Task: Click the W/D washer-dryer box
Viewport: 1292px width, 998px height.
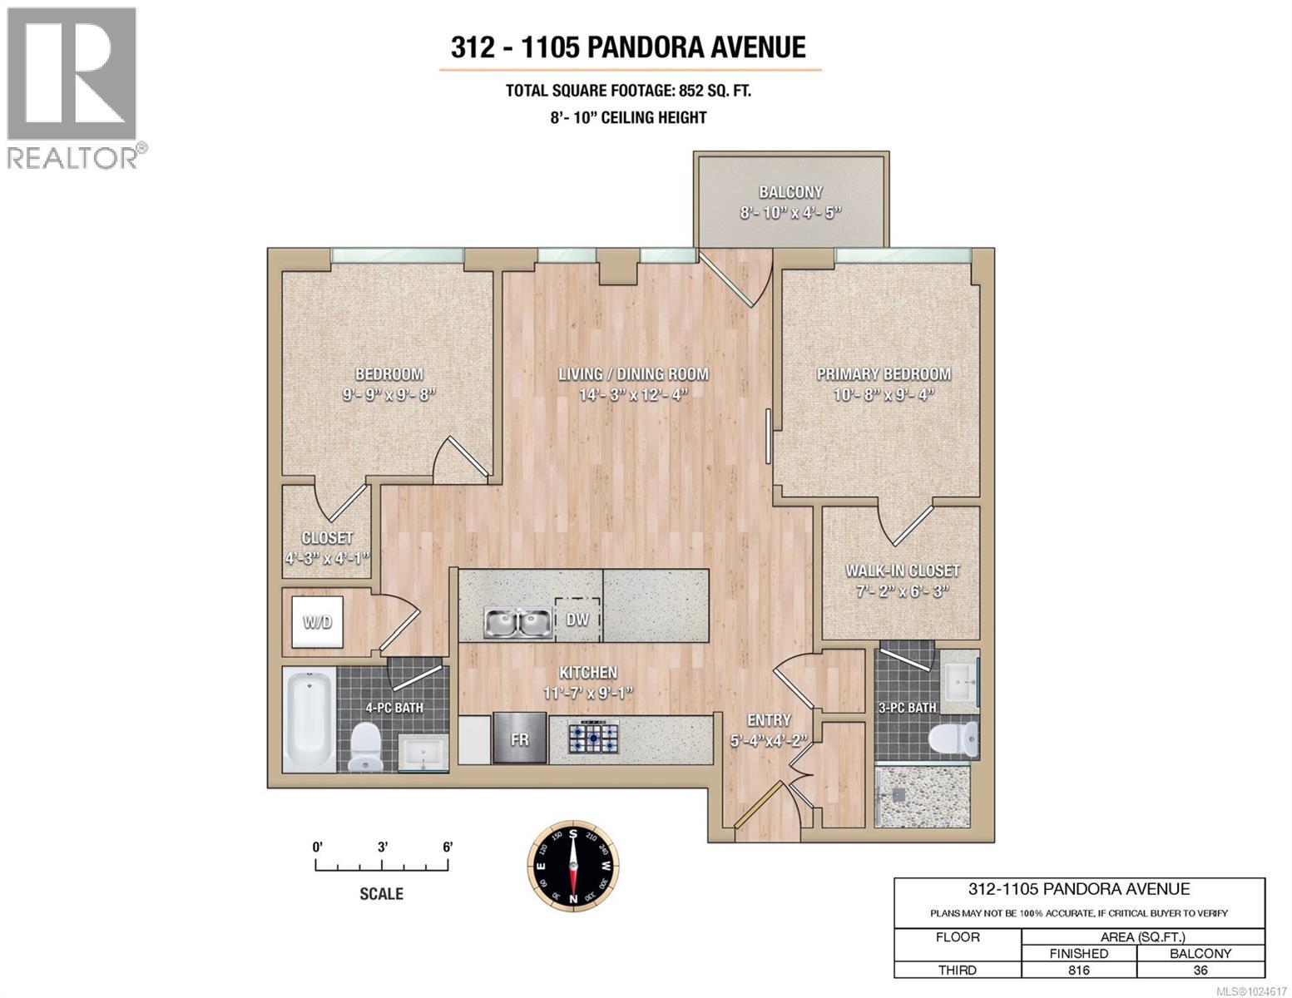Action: pos(318,622)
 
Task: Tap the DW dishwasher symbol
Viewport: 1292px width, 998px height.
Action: pos(577,619)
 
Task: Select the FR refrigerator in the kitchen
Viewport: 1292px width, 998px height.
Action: pos(519,738)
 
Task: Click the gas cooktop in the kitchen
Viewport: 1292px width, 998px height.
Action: pos(594,738)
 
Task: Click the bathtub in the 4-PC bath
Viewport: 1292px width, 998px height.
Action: pos(309,720)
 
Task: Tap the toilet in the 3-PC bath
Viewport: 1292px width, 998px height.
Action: pos(955,739)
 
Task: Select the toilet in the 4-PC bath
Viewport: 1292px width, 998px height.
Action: pos(365,746)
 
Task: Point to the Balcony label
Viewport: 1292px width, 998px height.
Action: pos(790,192)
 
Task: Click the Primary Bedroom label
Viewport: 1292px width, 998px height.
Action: pos(883,374)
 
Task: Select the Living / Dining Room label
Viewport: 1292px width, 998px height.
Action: pos(633,374)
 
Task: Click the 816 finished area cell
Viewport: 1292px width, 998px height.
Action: pos(1078,969)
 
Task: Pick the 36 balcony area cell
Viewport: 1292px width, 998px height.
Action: pos(1200,969)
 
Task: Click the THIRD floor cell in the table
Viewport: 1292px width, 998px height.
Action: pos(957,969)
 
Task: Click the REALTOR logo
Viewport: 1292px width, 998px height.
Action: pos(72,87)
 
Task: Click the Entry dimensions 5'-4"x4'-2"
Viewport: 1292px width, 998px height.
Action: pos(768,740)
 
